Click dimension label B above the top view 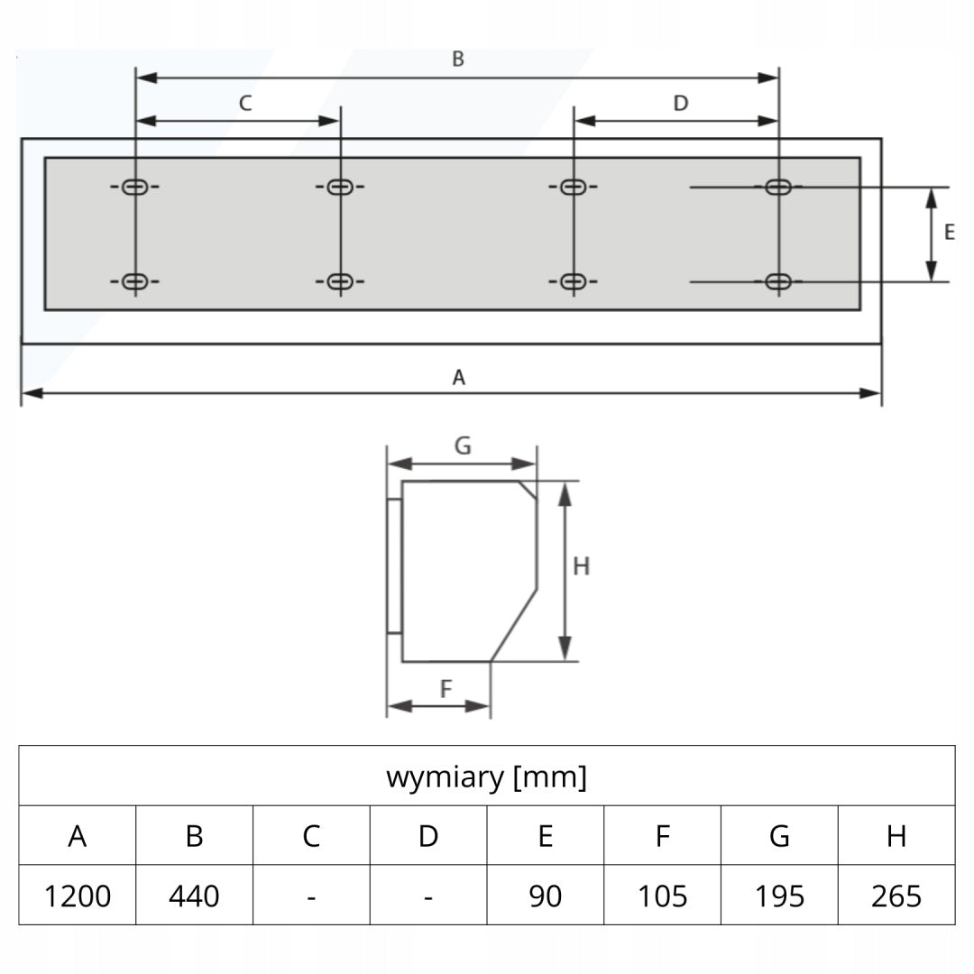458,59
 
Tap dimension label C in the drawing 245,103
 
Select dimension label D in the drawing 681,103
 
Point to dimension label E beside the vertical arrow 949,233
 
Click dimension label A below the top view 458,377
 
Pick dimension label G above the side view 463,446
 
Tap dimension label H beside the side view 581,566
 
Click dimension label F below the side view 446,688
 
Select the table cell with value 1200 78,896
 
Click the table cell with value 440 195,896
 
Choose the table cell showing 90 546,896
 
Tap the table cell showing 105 662,896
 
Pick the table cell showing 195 779,896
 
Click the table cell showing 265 896,896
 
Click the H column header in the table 896,835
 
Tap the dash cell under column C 311,896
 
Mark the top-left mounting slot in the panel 134,187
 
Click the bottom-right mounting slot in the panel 778,281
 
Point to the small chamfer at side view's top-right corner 528,490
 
